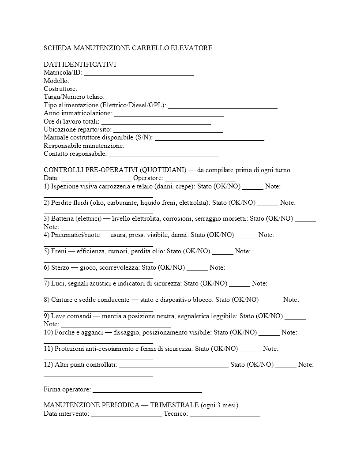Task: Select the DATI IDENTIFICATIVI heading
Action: (80, 64)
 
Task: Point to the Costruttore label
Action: (60, 89)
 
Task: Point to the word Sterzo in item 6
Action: (60, 267)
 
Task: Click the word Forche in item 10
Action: (65, 332)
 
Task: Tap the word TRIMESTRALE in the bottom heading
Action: (174, 405)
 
